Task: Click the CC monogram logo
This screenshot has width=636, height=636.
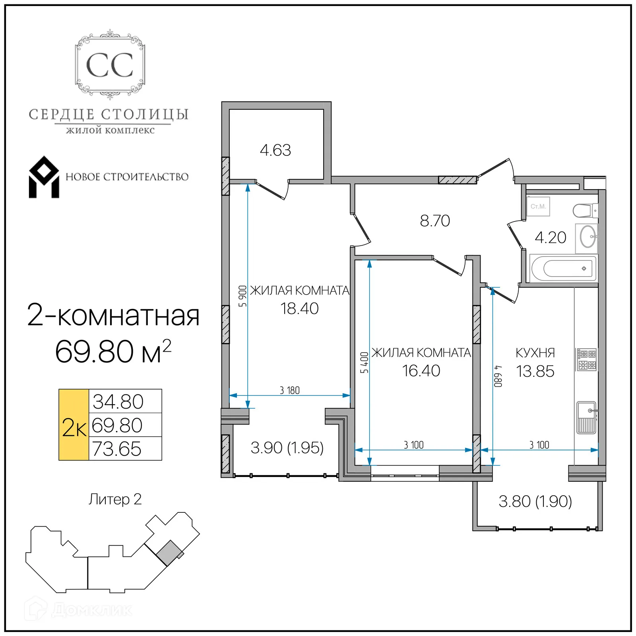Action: point(110,65)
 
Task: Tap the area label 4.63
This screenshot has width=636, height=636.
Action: point(275,150)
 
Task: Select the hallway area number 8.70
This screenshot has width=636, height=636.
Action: point(435,221)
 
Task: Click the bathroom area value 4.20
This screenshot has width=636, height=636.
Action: point(550,237)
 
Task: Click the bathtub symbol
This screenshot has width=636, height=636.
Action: point(564,269)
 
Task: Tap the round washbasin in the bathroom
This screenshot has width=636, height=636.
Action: point(588,237)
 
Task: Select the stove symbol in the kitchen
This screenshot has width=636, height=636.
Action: point(587,360)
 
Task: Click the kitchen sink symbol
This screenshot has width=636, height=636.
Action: point(587,417)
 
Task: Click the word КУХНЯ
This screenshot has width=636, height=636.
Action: point(535,353)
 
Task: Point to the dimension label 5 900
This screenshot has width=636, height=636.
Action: point(242,296)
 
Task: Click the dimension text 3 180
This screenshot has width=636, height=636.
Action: point(289,390)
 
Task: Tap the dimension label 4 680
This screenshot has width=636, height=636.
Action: point(498,376)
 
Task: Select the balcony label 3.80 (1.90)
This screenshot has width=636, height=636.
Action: point(535,501)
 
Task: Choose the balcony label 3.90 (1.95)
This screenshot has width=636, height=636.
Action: point(287,448)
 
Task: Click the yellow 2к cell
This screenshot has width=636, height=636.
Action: point(74,425)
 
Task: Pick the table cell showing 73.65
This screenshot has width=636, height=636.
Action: point(117,449)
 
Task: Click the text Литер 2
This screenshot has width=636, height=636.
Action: point(115,499)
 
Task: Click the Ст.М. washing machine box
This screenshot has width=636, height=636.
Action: point(538,206)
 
